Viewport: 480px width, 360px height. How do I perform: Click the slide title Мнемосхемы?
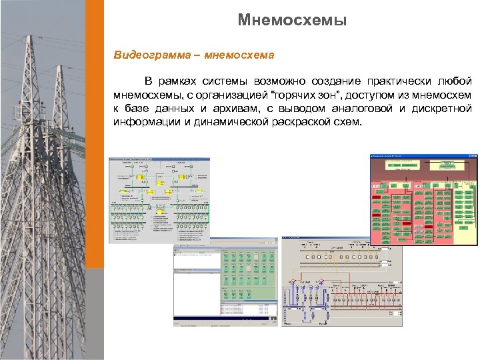(292, 21)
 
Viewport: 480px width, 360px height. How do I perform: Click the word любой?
(457, 81)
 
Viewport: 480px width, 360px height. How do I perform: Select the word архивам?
(240, 109)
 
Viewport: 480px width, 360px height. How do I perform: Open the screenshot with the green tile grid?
(226, 283)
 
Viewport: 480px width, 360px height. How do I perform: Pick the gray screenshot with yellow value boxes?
(159, 200)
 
